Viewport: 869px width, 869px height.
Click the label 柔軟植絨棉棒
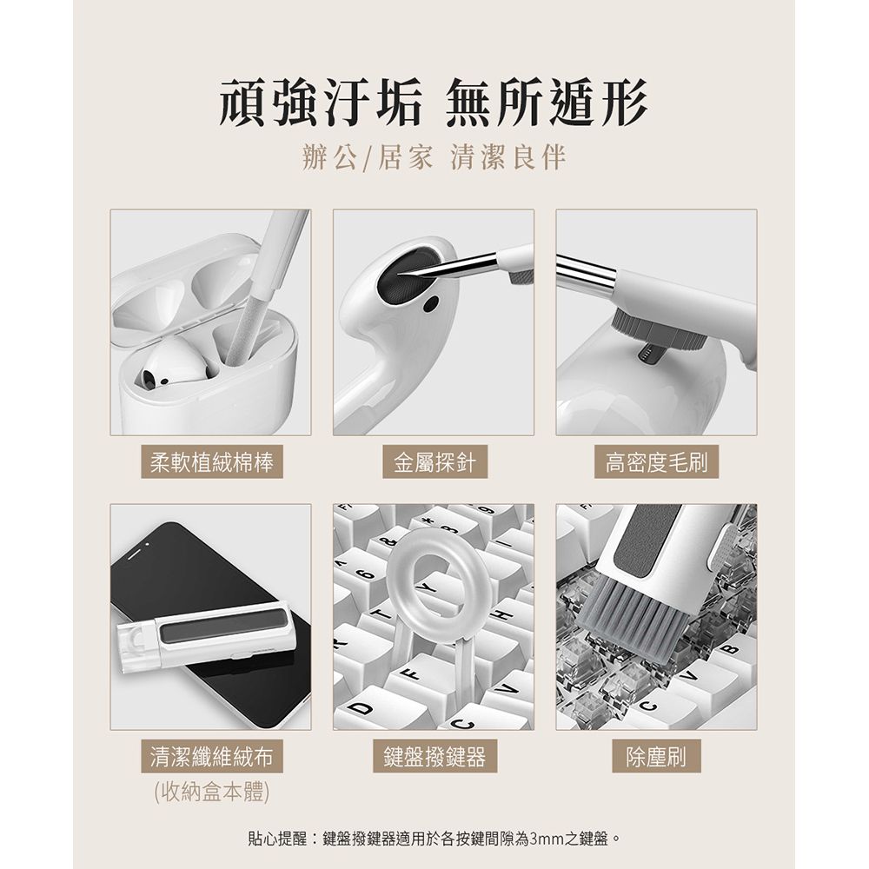pos(212,461)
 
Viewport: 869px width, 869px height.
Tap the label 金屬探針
pos(434,461)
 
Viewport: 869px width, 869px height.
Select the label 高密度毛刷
pos(656,461)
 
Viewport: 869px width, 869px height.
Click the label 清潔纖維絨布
pos(212,756)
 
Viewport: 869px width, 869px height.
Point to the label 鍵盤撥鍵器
pos(434,756)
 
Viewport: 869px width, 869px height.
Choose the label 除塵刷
pos(656,756)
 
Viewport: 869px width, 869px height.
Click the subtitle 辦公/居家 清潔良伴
pos(434,156)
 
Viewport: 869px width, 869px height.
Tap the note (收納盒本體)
pos(212,792)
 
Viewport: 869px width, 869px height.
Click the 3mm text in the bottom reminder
pos(547,839)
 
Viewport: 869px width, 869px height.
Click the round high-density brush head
pos(660,331)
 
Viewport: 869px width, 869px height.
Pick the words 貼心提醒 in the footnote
pos(277,839)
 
